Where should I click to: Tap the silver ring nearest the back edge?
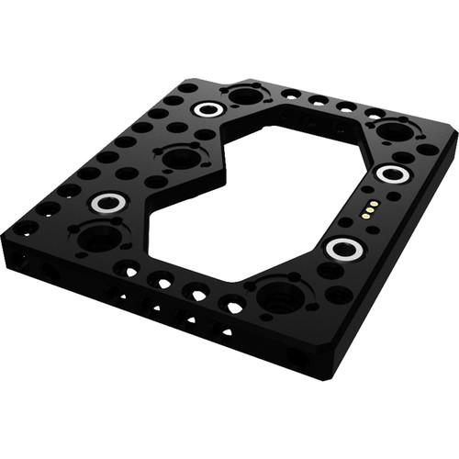[209, 110]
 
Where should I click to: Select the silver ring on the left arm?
[107, 202]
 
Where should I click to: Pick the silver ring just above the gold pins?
[392, 174]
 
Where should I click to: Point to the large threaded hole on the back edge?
[245, 95]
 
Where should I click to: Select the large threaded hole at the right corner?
[396, 131]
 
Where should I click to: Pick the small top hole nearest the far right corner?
[428, 149]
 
